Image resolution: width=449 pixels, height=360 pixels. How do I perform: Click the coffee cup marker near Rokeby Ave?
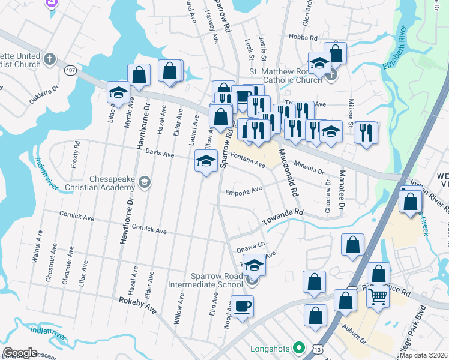coord(243,307)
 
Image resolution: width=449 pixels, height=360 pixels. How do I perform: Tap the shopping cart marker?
coord(378,296)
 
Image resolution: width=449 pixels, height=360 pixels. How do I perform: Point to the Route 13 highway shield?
coord(317,349)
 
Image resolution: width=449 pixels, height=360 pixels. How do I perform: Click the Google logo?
coord(20,353)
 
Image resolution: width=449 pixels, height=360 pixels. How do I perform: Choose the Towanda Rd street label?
coord(283,217)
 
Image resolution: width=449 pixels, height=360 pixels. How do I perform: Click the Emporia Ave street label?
coord(244,191)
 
